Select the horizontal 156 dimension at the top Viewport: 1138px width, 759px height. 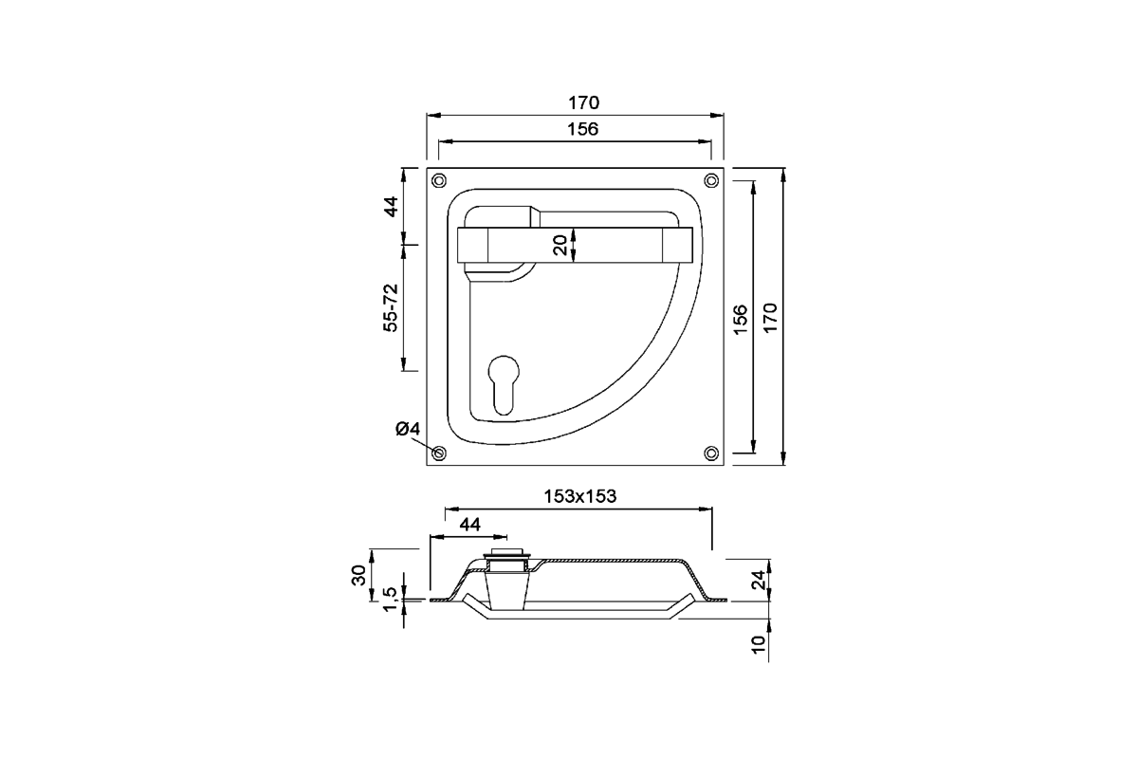click(x=575, y=129)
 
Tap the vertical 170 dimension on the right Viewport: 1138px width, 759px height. click(x=770, y=316)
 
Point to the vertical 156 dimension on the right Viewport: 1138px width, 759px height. click(x=742, y=316)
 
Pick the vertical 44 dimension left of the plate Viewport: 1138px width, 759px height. click(x=390, y=206)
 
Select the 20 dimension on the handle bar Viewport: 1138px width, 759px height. click(x=560, y=244)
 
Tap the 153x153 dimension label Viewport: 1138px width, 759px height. click(x=579, y=495)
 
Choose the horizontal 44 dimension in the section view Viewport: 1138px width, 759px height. click(x=469, y=524)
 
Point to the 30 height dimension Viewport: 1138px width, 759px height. click(x=358, y=574)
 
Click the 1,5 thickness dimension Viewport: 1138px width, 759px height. click(x=390, y=600)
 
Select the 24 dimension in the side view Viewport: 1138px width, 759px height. click(x=757, y=580)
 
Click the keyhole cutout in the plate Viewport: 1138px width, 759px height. click(x=503, y=381)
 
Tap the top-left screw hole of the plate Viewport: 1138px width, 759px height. click(x=439, y=180)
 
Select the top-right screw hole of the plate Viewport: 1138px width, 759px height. click(x=710, y=180)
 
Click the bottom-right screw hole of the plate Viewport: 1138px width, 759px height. click(x=710, y=453)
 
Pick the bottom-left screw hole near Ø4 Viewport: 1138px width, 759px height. click(x=439, y=453)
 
